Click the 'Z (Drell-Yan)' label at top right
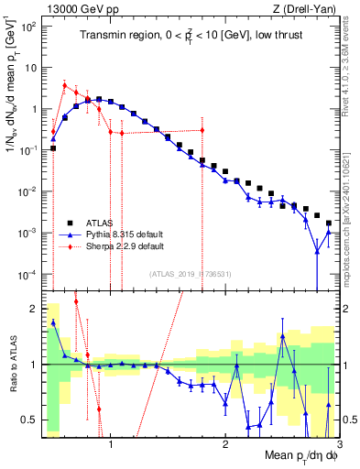pos(311,8)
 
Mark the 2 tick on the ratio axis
pos(33,308)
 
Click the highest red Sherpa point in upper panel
pos(64,85)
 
